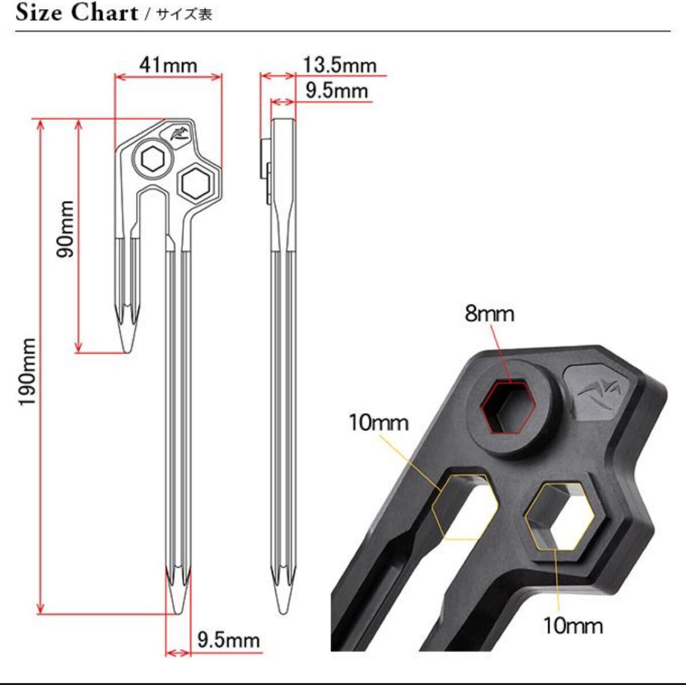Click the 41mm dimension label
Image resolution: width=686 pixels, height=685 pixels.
[168, 65]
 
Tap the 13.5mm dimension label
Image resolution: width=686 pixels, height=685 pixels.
[339, 65]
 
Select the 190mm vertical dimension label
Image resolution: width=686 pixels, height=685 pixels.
[28, 372]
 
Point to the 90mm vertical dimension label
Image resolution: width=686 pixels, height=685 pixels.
[65, 229]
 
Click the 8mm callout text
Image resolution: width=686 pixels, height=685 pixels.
[489, 314]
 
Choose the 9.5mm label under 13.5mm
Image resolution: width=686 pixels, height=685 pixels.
[336, 91]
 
